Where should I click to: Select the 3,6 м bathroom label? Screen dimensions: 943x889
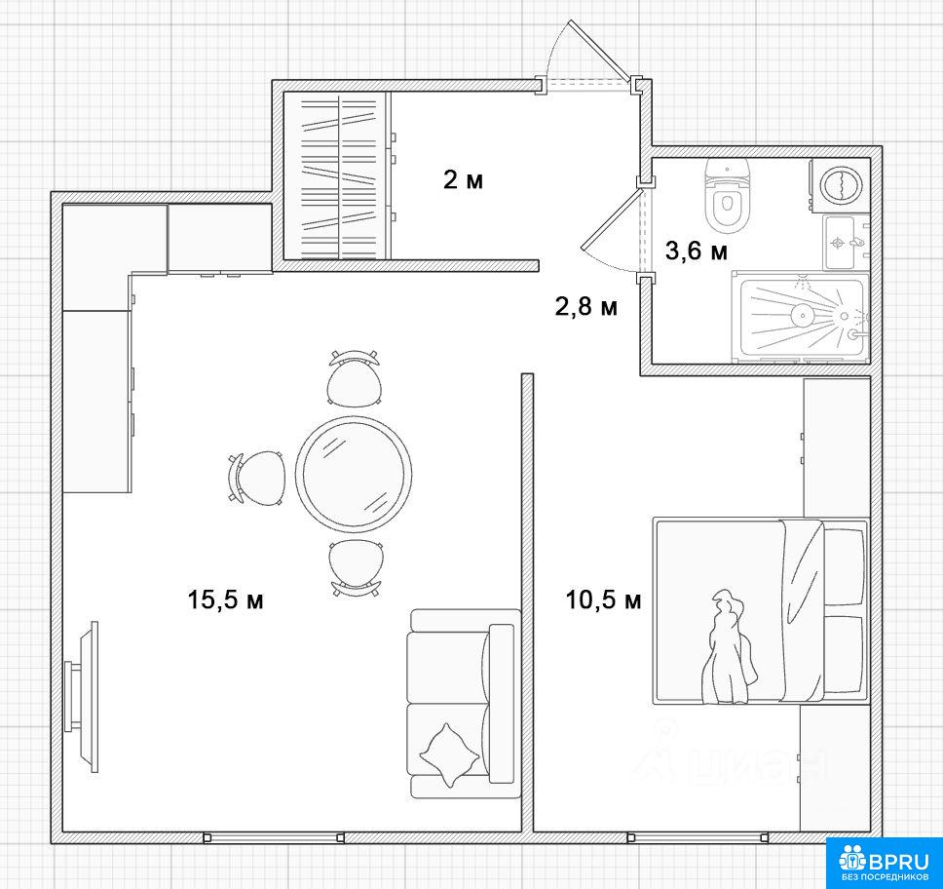[696, 251]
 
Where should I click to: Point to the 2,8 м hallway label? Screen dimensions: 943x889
[585, 306]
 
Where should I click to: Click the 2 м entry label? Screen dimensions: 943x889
[463, 179]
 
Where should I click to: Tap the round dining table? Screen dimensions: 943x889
[354, 474]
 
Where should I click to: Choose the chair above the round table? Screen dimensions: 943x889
[355, 378]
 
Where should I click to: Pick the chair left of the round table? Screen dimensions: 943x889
[255, 478]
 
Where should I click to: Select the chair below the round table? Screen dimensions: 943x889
[355, 567]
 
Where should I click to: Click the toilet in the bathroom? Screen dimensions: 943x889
[727, 196]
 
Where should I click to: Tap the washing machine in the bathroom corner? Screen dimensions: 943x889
[840, 185]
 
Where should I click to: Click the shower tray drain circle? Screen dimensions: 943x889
[803, 314]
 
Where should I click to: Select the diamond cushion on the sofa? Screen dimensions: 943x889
[449, 754]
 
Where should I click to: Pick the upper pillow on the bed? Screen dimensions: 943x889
[845, 567]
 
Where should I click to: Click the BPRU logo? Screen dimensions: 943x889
[885, 863]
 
